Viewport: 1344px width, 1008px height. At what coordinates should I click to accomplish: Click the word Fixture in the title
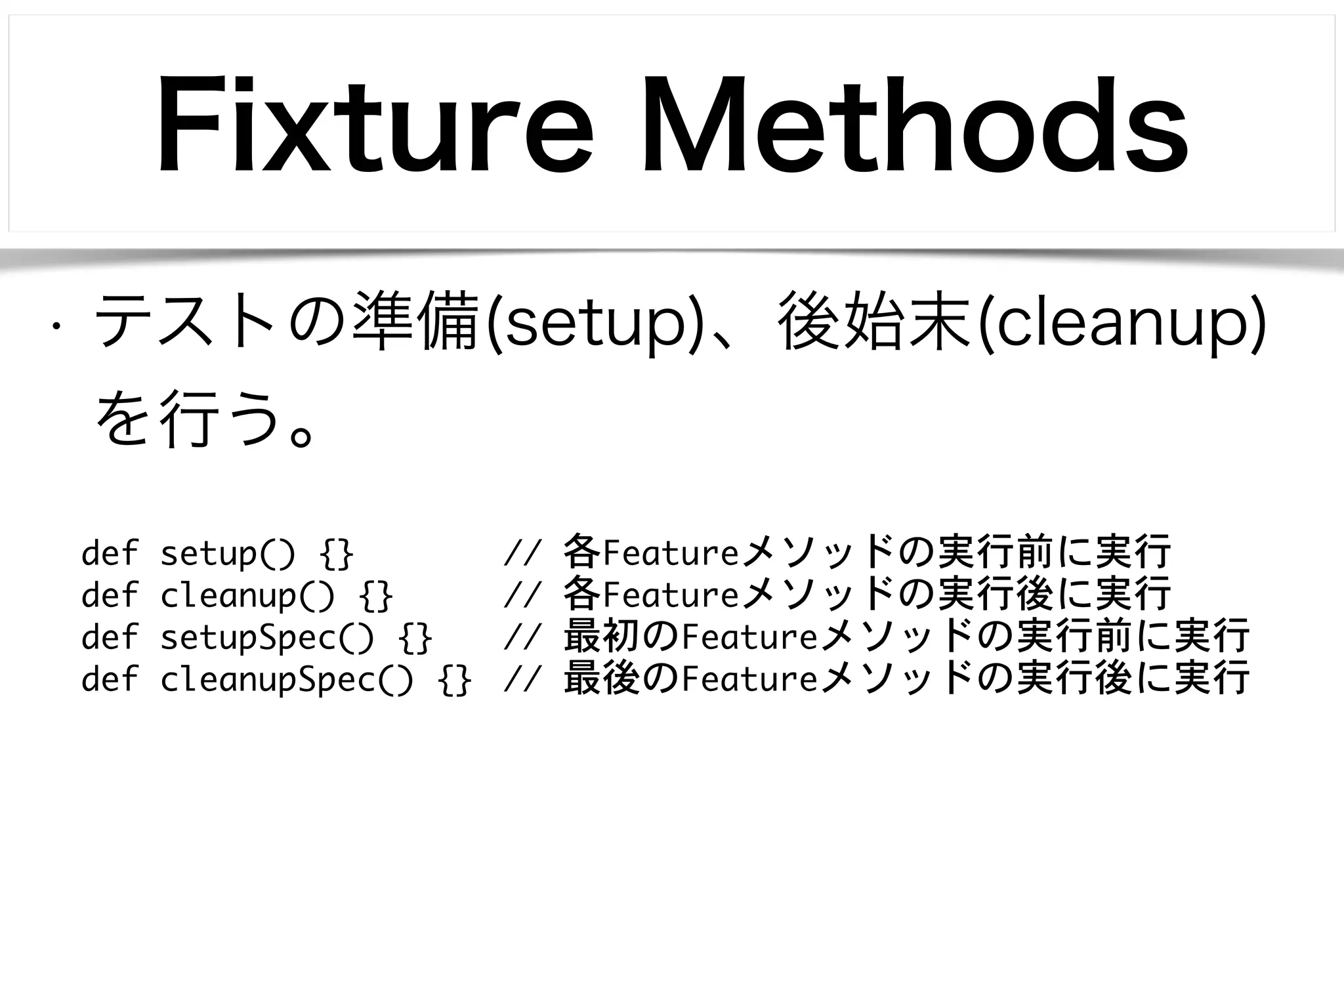coord(374,126)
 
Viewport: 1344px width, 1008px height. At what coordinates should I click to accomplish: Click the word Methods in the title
coord(915,126)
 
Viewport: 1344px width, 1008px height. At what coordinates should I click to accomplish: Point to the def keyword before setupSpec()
coord(110,637)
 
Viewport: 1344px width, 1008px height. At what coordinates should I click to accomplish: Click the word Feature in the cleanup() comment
coord(671,595)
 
